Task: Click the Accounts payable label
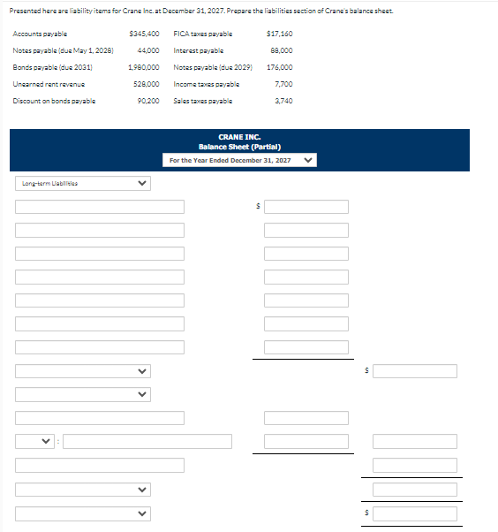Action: pyautogui.click(x=40, y=34)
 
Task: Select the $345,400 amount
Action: pyautogui.click(x=144, y=34)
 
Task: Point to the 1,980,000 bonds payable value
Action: pyautogui.click(x=143, y=67)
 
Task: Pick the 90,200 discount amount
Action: pyautogui.click(x=147, y=101)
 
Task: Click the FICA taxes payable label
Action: pyautogui.click(x=203, y=34)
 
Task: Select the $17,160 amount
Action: pyautogui.click(x=279, y=34)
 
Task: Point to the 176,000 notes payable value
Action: pyautogui.click(x=279, y=67)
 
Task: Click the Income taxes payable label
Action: pyautogui.click(x=207, y=84)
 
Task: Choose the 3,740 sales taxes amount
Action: pyautogui.click(x=283, y=101)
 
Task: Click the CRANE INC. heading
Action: pyautogui.click(x=239, y=138)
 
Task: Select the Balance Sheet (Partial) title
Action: pyautogui.click(x=239, y=147)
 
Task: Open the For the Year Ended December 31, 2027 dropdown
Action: pyautogui.click(x=239, y=160)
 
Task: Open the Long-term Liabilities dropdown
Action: pyautogui.click(x=82, y=184)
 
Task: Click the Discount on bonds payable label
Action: pyautogui.click(x=54, y=101)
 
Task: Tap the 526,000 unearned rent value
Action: pyautogui.click(x=145, y=84)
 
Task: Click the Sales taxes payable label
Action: pyautogui.click(x=202, y=101)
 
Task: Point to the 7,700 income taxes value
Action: pyautogui.click(x=283, y=84)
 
